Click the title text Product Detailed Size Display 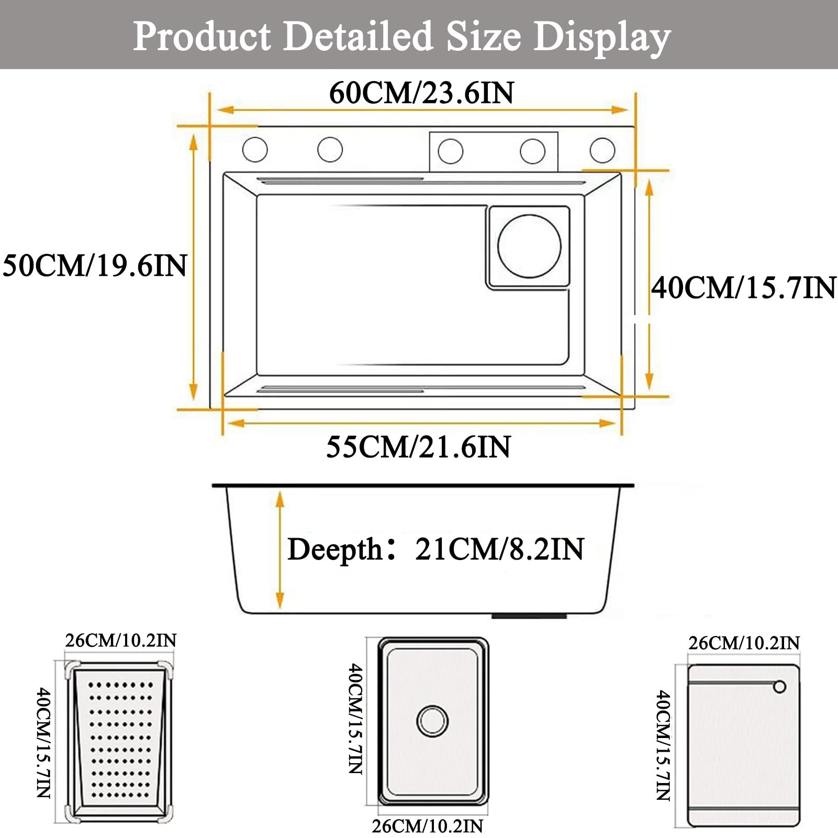tap(401, 37)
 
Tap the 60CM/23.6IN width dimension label tap(421, 93)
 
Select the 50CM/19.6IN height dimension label tap(95, 265)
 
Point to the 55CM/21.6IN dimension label tap(418, 446)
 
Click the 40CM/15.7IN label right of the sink tap(743, 287)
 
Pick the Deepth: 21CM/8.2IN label tap(435, 549)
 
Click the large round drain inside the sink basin tap(529, 245)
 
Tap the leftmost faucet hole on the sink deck tap(255, 150)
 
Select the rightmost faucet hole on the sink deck tap(602, 150)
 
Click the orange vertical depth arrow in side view tap(280, 550)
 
